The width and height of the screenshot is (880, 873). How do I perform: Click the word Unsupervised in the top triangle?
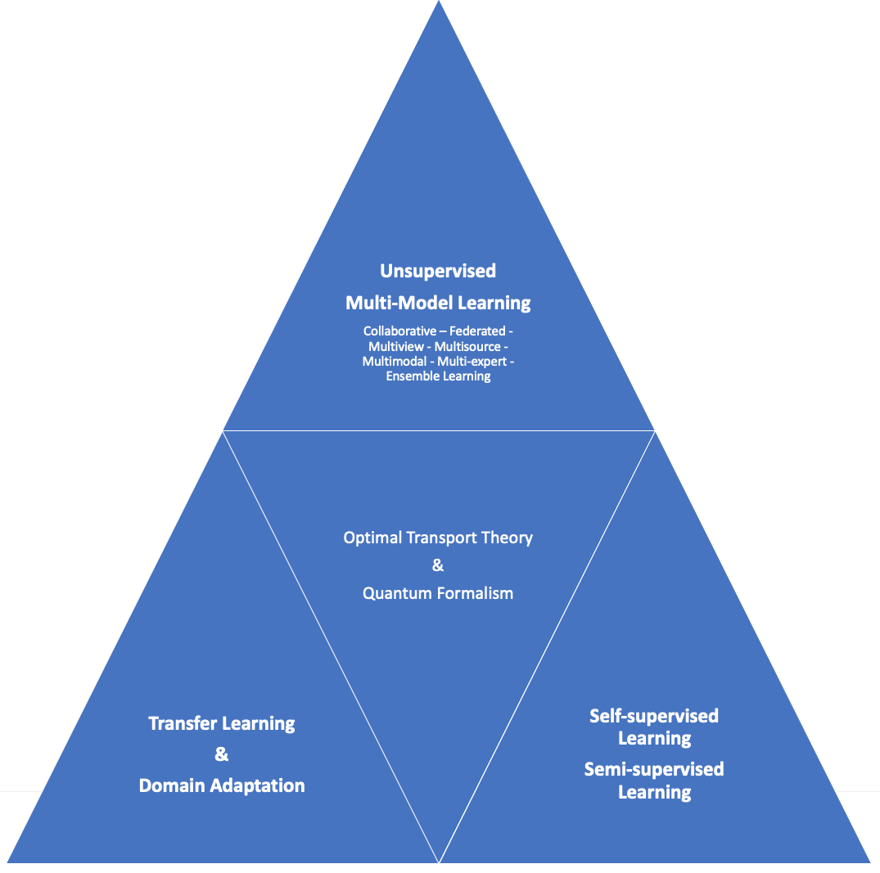(438, 271)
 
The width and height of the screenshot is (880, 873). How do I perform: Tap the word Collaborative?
(399, 331)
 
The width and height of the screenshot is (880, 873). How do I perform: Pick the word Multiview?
(396, 346)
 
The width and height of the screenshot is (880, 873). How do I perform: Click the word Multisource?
(467, 346)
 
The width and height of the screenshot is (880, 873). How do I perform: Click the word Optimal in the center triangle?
(372, 538)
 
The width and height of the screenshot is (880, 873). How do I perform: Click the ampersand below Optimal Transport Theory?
(437, 565)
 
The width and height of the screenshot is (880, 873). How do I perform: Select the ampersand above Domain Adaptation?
(222, 754)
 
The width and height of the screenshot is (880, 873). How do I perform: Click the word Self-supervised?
(654, 716)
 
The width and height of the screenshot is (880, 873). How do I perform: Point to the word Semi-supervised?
(654, 769)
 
